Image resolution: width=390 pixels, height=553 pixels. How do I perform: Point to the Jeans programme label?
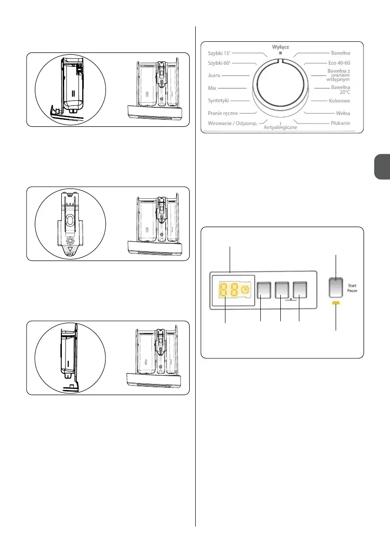pyautogui.click(x=214, y=75)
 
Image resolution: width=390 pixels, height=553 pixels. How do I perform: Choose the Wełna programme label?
pyautogui.click(x=343, y=113)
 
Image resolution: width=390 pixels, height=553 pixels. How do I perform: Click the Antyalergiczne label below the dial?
pyautogui.click(x=280, y=127)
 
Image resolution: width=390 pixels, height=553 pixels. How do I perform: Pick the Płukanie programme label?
pyautogui.click(x=340, y=123)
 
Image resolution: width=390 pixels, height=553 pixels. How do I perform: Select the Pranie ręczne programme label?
pyautogui.click(x=224, y=113)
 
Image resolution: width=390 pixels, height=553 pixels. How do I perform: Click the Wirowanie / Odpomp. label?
pyautogui.click(x=232, y=123)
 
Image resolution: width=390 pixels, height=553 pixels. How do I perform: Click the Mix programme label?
pyautogui.click(x=213, y=87)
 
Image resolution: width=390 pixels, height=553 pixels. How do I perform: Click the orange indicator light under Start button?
pyautogui.click(x=336, y=303)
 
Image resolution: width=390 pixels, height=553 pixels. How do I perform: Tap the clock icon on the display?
pyautogui.click(x=245, y=289)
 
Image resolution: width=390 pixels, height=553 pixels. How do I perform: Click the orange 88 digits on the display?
pyautogui.click(x=227, y=290)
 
